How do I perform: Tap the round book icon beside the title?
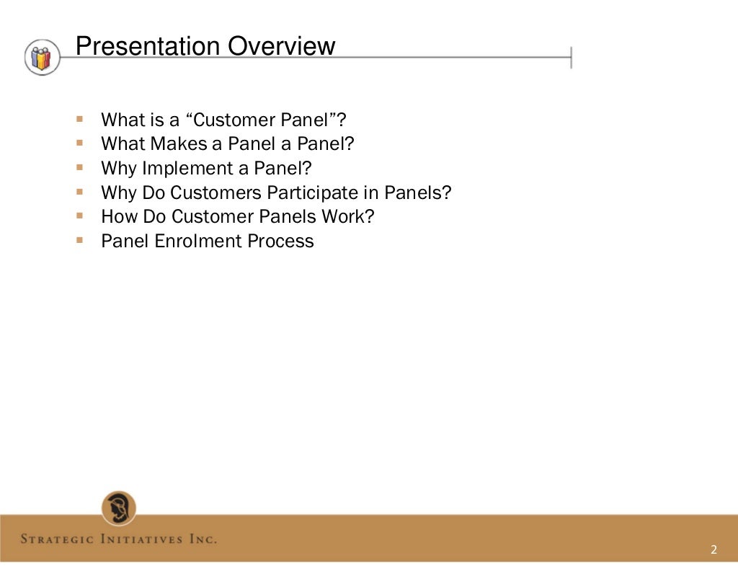coord(43,57)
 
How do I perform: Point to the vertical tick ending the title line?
coord(572,57)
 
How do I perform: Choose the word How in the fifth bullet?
coord(118,216)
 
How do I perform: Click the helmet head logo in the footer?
coord(119,508)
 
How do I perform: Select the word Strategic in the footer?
coord(61,539)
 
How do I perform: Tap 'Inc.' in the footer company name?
coord(203,539)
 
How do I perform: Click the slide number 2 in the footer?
coord(713,550)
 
